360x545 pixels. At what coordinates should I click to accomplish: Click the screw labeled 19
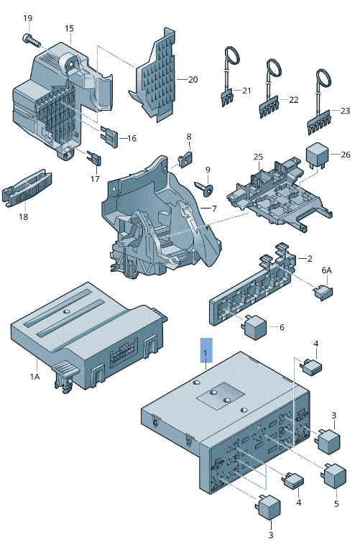point(31,40)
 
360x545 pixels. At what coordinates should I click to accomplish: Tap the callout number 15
point(69,29)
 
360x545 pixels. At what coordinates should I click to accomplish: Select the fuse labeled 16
point(109,137)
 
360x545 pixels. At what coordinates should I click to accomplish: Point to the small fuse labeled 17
point(94,158)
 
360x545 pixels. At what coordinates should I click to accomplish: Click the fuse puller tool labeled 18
point(27,188)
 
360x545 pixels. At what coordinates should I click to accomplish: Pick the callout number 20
point(193,80)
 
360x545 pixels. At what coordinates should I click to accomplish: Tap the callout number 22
point(294,100)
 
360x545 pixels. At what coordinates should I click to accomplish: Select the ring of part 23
point(323,78)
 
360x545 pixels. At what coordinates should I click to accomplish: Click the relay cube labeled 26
point(317,157)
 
